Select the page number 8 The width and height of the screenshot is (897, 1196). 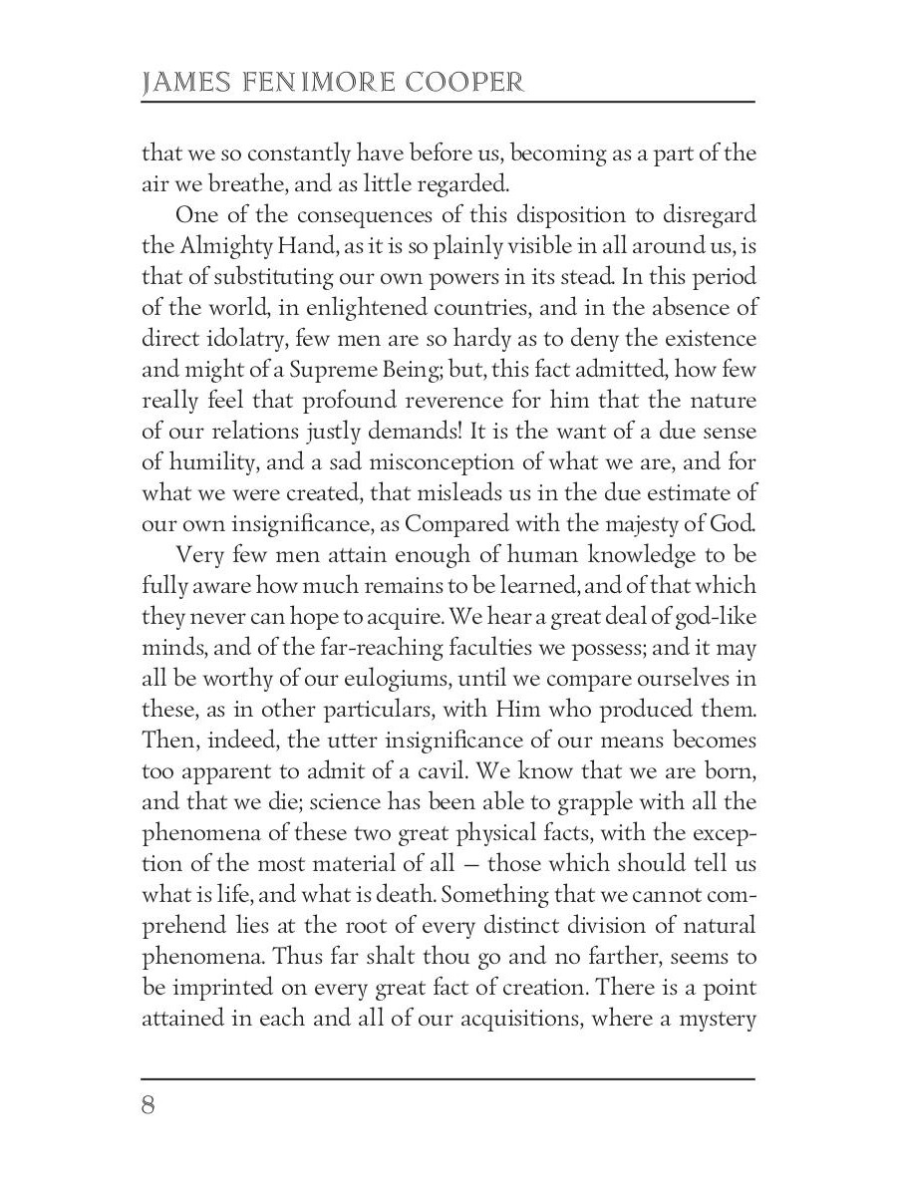coord(149,1106)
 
